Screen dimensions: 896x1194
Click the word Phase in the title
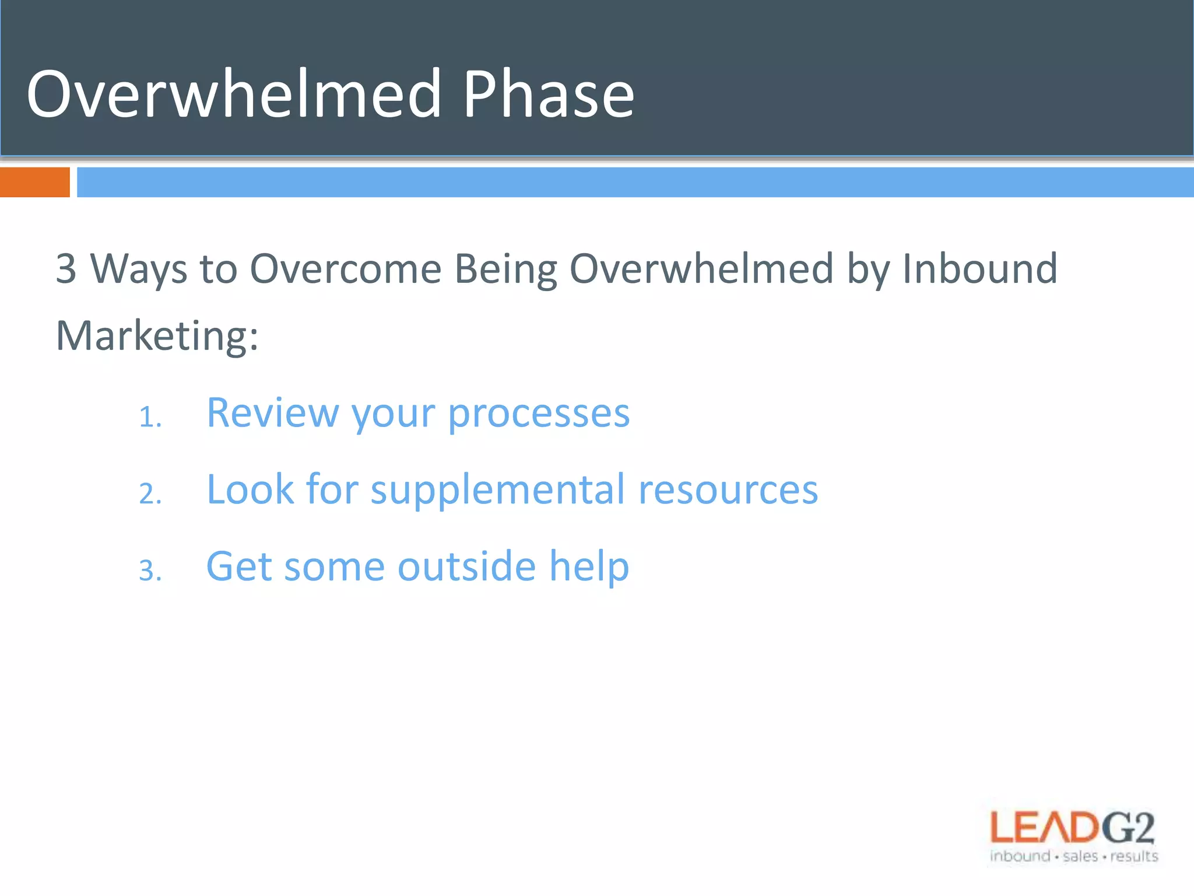click(x=548, y=94)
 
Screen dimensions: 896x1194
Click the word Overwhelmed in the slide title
click(x=233, y=94)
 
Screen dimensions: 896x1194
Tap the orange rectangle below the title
click(x=34, y=182)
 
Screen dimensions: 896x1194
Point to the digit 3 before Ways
click(x=66, y=269)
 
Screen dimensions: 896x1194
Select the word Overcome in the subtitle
click(x=345, y=269)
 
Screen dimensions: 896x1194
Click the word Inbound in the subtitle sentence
click(x=979, y=269)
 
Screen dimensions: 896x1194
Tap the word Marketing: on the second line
click(x=156, y=337)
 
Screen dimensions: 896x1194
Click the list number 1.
click(x=149, y=418)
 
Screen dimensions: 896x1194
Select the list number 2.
click(x=149, y=494)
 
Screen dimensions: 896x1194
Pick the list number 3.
click(x=149, y=570)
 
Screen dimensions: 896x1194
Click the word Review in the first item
click(x=272, y=413)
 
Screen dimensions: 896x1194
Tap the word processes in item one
click(x=539, y=413)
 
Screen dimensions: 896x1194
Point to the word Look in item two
click(x=250, y=490)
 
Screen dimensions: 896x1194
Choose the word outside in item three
click(x=466, y=566)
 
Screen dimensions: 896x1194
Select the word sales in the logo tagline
click(x=1080, y=856)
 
